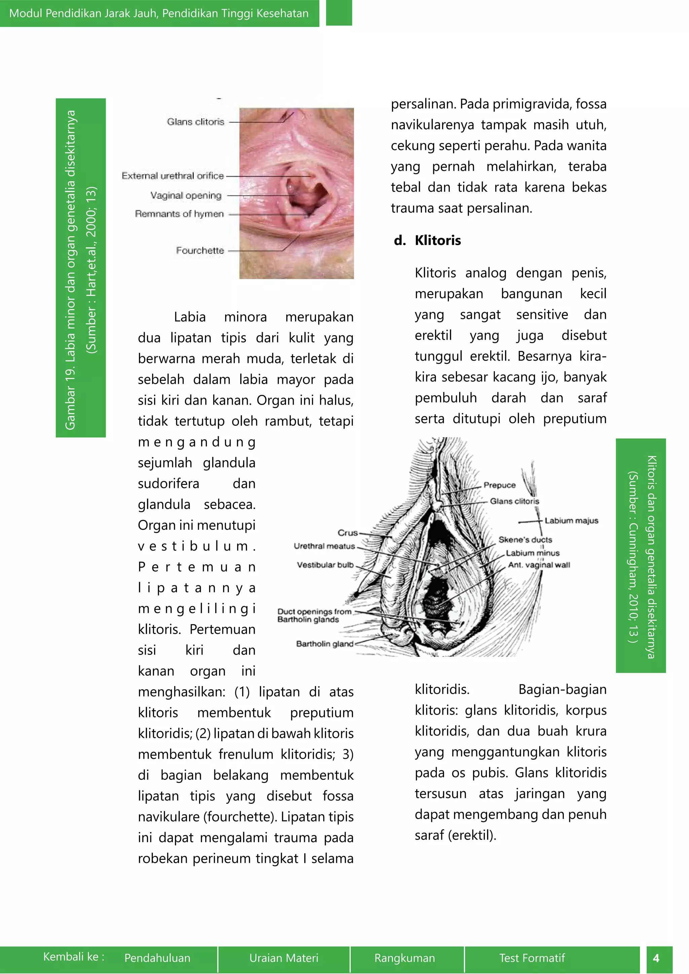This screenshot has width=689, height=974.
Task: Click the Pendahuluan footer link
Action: (x=157, y=958)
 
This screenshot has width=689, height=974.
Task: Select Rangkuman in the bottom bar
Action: (x=404, y=958)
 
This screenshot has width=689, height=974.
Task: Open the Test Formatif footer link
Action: (x=532, y=958)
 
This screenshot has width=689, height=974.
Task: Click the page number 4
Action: (x=656, y=958)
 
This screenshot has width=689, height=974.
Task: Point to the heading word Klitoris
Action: (x=437, y=240)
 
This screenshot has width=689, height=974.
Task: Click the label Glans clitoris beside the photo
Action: (x=195, y=122)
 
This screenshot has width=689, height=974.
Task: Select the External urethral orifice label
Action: (x=172, y=176)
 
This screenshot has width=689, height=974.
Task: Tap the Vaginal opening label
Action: (x=186, y=195)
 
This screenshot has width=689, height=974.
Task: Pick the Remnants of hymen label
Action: (x=179, y=214)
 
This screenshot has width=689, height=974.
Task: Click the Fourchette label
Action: (x=200, y=251)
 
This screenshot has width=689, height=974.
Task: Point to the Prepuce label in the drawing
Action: (x=499, y=485)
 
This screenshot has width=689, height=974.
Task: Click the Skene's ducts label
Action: (x=525, y=539)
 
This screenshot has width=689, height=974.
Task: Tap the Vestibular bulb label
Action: (x=325, y=565)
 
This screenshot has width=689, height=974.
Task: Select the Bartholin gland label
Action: (x=325, y=643)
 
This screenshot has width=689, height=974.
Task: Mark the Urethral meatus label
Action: (x=324, y=546)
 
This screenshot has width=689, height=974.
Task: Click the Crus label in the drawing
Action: (x=348, y=533)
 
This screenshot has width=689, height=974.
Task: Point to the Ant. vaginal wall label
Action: (x=539, y=565)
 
